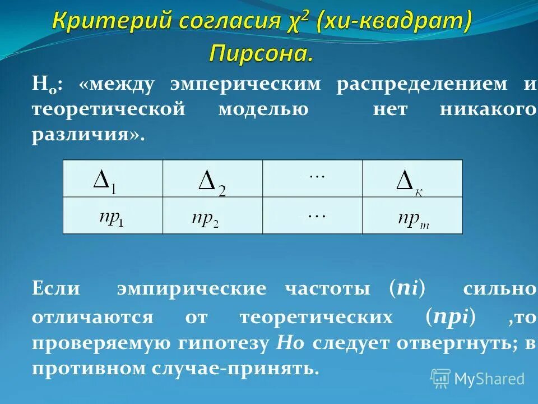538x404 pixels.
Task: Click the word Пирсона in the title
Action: pyautogui.click(x=261, y=53)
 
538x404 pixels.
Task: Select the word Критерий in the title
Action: pyautogui.click(x=113, y=22)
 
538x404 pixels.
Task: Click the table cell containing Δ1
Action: pyautogui.click(x=113, y=179)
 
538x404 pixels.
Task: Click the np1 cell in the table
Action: pyautogui.click(x=113, y=215)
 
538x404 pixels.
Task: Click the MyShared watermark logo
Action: pyautogui.click(x=477, y=378)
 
